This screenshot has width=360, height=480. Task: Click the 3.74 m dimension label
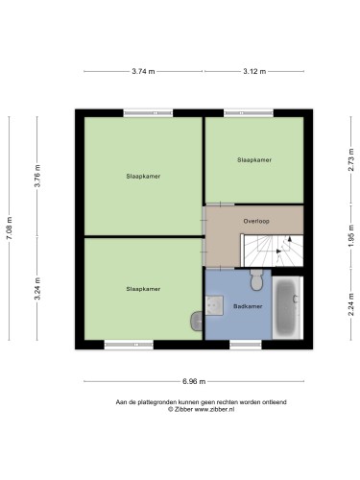[143, 71]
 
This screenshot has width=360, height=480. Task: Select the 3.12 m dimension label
[254, 71]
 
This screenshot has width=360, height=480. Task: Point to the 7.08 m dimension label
[10, 228]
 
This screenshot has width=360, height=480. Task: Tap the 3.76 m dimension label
[37, 176]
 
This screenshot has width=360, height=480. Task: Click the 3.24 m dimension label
[37, 289]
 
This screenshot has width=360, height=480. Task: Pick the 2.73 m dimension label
[351, 159]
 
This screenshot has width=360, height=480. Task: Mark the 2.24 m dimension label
[351, 304]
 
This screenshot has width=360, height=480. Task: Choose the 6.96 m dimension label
[194, 381]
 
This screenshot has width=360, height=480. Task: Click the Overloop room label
[256, 221]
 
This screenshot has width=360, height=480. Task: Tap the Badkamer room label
[248, 306]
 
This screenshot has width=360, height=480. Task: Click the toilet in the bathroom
[256, 279]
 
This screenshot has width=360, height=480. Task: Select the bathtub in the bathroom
[287, 307]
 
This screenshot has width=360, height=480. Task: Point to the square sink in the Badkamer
[214, 305]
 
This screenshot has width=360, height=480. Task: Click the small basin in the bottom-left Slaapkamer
[197, 321]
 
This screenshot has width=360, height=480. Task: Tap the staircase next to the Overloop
[272, 251]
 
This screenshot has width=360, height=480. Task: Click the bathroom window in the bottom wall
[246, 345]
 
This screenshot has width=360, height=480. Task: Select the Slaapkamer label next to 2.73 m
[254, 159]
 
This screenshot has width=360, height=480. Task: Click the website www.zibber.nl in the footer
[214, 409]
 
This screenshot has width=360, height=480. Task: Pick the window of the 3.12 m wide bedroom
[249, 112]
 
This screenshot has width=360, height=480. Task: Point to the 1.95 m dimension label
[351, 236]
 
